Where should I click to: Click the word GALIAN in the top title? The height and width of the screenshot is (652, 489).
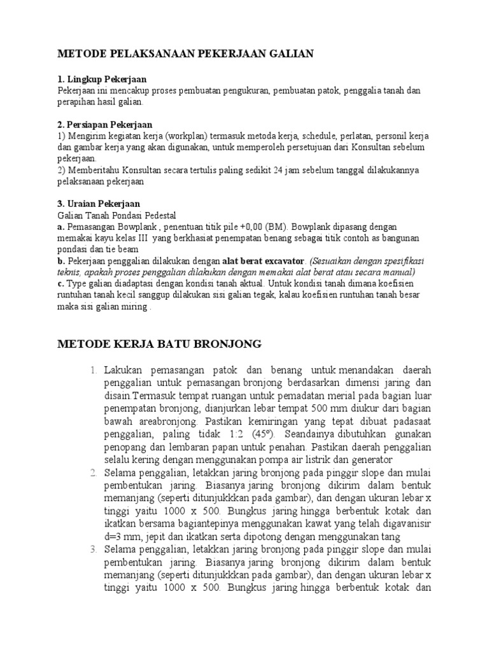pos(290,55)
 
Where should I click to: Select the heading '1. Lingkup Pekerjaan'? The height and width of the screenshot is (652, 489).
pos(102,80)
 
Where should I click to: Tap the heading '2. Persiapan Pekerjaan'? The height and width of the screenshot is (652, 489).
pos(105,124)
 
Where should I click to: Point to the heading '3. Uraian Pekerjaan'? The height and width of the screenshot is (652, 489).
pos(99,204)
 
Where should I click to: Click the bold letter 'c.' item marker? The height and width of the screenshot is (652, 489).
pos(61,283)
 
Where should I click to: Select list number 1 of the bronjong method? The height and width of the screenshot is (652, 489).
pos(93,371)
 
